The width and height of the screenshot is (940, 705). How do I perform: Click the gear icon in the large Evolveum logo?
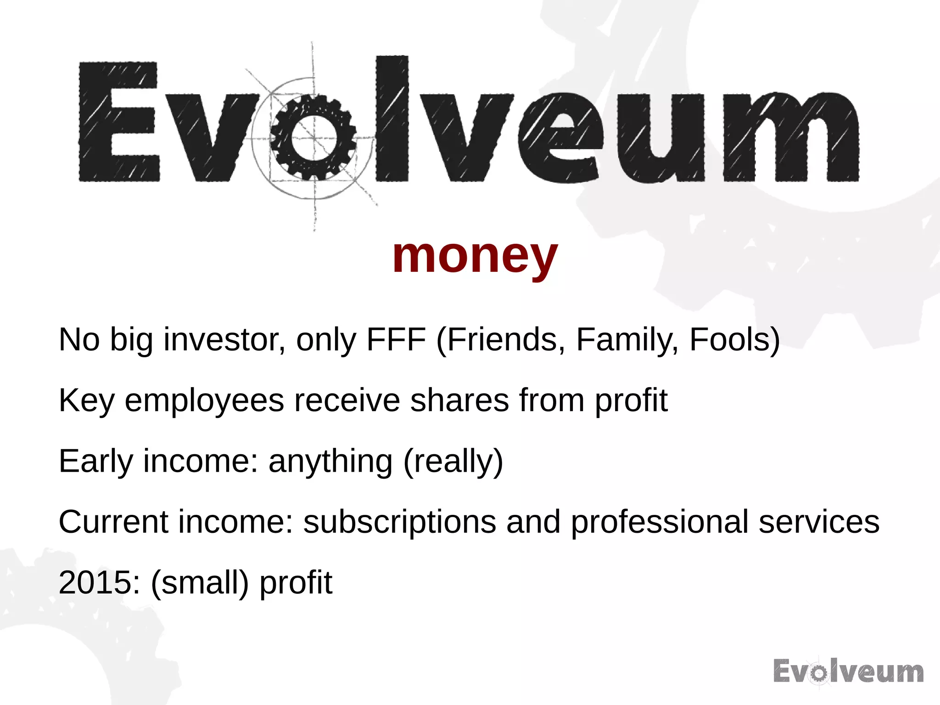[313, 137]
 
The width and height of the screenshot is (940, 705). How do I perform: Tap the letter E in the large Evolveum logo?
[119, 121]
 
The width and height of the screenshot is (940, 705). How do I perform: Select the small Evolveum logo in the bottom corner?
[848, 671]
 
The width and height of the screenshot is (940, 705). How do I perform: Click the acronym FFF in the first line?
[396, 340]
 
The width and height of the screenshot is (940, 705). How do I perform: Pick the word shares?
[459, 400]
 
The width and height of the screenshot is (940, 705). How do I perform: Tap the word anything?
[330, 462]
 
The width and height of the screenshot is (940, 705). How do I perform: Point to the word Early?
[96, 462]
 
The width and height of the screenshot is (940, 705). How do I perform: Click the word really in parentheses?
[453, 462]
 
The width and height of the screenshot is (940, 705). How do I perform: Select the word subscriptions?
[400, 523]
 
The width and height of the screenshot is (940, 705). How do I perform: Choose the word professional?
[660, 523]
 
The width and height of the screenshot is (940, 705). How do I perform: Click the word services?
[819, 522]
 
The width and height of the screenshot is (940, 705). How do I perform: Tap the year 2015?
[95, 582]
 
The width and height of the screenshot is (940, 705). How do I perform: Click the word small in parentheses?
[200, 582]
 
